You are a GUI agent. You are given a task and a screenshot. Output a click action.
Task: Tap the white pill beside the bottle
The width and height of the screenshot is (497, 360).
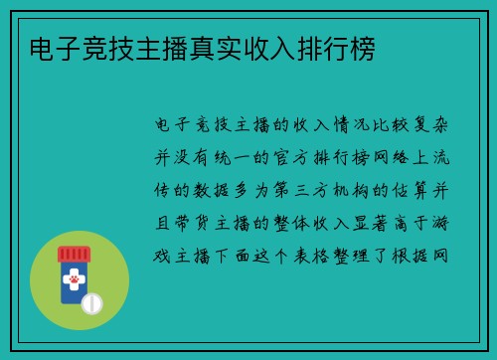tap(91, 301)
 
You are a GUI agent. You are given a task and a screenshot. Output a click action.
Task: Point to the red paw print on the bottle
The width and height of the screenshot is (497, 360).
tap(74, 282)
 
